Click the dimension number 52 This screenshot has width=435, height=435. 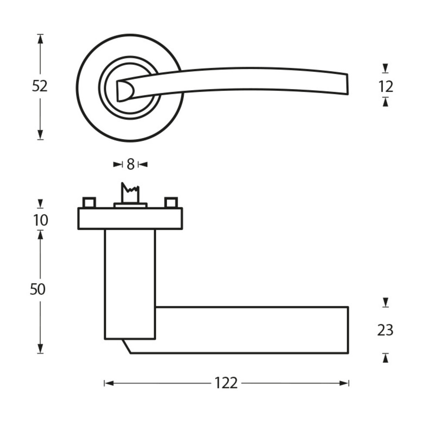40,86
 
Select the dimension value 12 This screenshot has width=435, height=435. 385,87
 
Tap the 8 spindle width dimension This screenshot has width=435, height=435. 130,164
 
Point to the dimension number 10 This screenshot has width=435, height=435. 40,221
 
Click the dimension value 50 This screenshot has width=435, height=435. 38,289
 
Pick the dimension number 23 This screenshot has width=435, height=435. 385,331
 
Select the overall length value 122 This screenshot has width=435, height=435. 226,383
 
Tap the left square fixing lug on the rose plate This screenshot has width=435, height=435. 89,202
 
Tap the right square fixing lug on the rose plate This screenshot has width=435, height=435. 171,202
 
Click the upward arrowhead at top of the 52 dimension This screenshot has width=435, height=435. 40,39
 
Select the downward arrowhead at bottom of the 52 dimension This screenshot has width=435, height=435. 40,134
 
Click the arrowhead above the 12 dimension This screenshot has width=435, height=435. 385,69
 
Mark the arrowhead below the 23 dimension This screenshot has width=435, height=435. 385,358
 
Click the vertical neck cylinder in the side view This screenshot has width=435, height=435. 130,283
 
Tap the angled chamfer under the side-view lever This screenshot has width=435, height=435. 127,346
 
